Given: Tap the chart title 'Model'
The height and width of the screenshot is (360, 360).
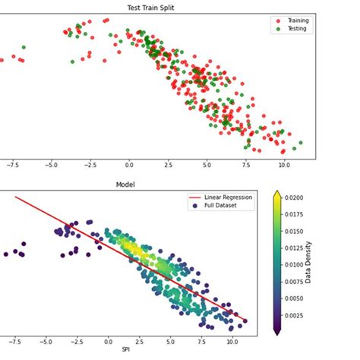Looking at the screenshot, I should coord(126,185).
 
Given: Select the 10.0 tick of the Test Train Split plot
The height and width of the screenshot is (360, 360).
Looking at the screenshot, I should coord(283,165).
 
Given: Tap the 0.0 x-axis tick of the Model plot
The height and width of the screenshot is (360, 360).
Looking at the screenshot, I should coord(109,343).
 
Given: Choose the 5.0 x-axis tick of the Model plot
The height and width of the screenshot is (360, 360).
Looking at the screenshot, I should coord(172,343).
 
